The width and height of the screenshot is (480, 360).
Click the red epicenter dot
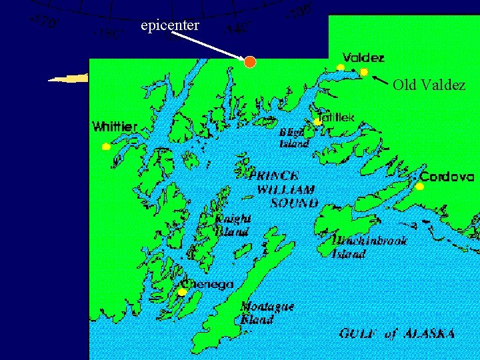249,62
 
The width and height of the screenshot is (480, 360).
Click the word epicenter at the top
170,26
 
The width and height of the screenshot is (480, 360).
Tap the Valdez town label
363,57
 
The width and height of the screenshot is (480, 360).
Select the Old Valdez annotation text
429,85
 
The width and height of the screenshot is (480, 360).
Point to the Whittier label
115,126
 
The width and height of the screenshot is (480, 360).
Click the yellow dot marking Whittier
105,147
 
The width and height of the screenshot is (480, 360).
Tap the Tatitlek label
336,117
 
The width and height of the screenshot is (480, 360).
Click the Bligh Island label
294,137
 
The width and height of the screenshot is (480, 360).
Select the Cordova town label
447,177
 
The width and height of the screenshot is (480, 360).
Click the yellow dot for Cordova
419,187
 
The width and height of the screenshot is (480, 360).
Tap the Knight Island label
232,225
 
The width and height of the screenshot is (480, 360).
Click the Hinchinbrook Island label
369,247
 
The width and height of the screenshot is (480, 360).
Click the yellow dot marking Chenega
182,292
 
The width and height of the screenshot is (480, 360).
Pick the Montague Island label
267,313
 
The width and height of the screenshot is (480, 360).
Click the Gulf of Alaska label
397,333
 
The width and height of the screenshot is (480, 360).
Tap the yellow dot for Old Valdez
364,71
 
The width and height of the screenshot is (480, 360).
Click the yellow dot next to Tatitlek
318,121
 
